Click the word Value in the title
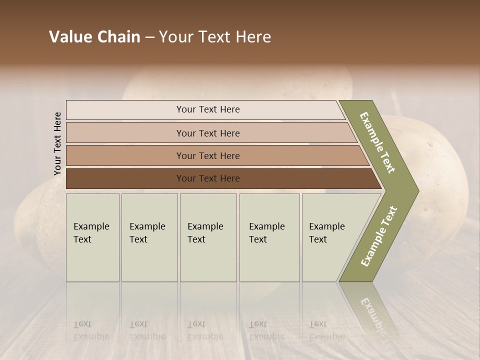tap(69, 37)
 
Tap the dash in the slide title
tap(149, 37)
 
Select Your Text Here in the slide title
tap(215, 37)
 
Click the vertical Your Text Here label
tap(57, 144)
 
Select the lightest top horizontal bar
tap(207, 109)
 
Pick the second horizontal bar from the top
tap(207, 133)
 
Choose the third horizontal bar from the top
tap(207, 155)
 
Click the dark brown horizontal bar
tap(207, 178)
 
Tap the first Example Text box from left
tap(92, 237)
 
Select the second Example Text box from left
tap(149, 237)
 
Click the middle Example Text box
tap(208, 237)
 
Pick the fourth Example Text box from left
tap(269, 237)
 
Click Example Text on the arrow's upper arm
tap(377, 142)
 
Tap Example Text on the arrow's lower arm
tap(378, 236)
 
